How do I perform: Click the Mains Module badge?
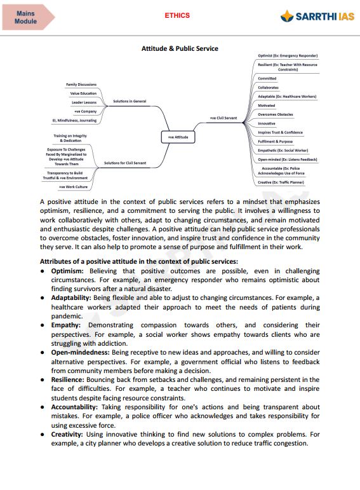coord(27,17)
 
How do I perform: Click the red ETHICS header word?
coord(177,15)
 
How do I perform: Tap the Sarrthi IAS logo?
coord(317,17)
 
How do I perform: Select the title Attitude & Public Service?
coord(180,48)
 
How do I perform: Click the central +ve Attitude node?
coord(178,137)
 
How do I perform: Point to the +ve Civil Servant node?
coord(222,118)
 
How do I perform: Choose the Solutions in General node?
coord(130,101)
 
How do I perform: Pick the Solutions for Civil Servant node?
coord(125,163)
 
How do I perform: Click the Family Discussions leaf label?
coord(81,85)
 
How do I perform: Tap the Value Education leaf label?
coord(83,93)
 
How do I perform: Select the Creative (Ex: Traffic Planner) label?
coord(281,182)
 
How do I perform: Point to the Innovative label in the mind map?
coord(267,123)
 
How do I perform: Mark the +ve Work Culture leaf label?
coord(73,187)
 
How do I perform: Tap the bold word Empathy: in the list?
coord(67,325)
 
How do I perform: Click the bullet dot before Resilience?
coord(43,379)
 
